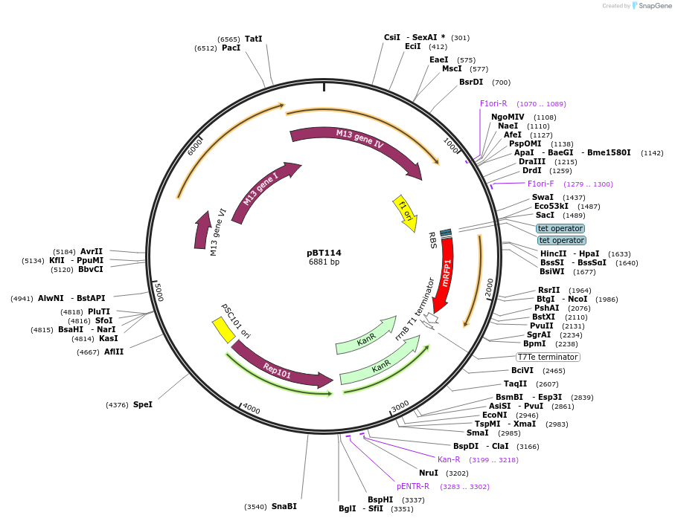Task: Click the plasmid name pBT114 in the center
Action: point(324,253)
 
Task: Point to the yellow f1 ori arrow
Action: point(405,210)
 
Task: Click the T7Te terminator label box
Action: point(548,357)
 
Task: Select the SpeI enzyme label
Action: point(142,404)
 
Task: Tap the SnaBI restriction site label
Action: point(284,506)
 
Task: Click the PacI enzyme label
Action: point(231,48)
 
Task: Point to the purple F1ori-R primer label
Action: point(493,104)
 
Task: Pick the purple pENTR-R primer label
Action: point(412,486)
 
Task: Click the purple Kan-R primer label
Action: point(449,459)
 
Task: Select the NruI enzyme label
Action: point(428,473)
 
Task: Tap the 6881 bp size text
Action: point(324,262)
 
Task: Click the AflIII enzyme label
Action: point(114,352)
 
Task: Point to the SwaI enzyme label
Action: point(543,197)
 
